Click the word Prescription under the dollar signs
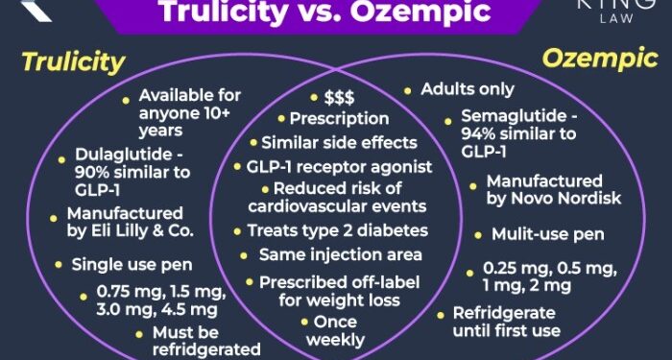click(x=339, y=119)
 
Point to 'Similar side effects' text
click(x=339, y=143)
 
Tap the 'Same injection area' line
click(x=340, y=255)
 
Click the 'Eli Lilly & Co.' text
click(x=144, y=231)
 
